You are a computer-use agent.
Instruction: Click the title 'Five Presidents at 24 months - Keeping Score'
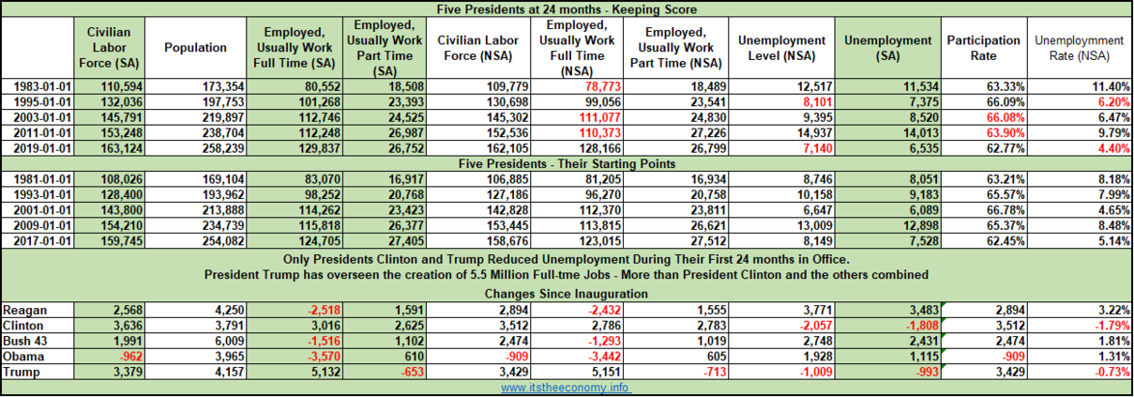click(567, 8)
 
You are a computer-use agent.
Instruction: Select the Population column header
click(195, 47)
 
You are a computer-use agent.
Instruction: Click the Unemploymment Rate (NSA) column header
click(1078, 47)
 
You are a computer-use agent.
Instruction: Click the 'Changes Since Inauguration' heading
click(567, 294)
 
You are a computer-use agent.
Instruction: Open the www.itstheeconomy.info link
click(567, 387)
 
